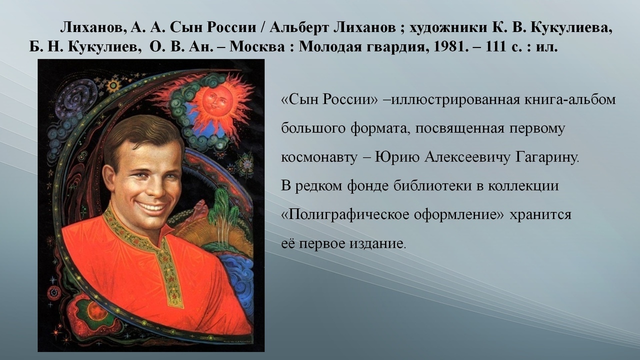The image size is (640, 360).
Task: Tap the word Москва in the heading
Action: pos(257,46)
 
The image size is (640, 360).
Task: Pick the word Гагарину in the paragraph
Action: pos(547,157)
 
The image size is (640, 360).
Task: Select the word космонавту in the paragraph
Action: pos(319,158)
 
